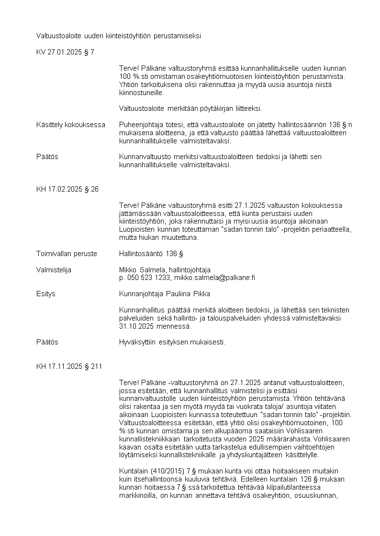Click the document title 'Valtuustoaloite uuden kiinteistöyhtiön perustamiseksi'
[x=119, y=36]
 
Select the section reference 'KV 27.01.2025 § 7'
[x=65, y=52]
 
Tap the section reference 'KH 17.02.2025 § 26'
[x=67, y=189]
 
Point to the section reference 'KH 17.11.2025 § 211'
[x=69, y=366]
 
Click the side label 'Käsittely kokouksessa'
[x=70, y=125]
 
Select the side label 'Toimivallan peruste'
[x=67, y=254]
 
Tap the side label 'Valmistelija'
[x=54, y=270]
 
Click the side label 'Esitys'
[x=46, y=294]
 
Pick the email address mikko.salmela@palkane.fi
[x=214, y=278]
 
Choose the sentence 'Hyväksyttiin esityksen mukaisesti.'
[x=172, y=343]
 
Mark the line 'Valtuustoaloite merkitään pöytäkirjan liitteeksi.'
[x=190, y=108]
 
